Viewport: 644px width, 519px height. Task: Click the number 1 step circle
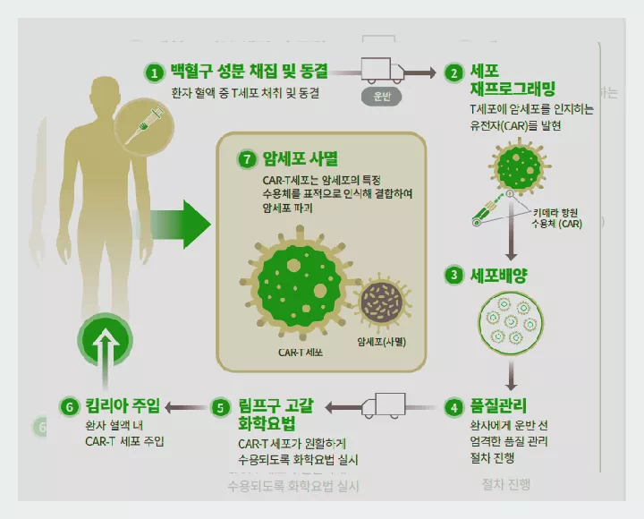[x=155, y=72]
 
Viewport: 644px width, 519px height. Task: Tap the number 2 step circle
[x=454, y=72]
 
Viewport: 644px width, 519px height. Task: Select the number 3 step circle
[x=454, y=275]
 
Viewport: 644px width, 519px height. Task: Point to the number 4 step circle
[x=454, y=406]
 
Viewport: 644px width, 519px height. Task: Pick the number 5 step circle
[x=220, y=407]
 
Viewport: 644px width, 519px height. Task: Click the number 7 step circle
[x=247, y=160]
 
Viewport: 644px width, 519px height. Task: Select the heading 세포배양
[x=499, y=275]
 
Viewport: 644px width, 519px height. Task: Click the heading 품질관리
[x=498, y=406]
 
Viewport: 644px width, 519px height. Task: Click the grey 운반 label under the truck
[x=382, y=97]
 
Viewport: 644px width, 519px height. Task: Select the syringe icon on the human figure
[x=142, y=123]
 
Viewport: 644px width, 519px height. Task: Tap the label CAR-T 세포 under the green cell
[x=301, y=352]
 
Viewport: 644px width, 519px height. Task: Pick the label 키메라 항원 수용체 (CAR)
[x=557, y=217]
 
